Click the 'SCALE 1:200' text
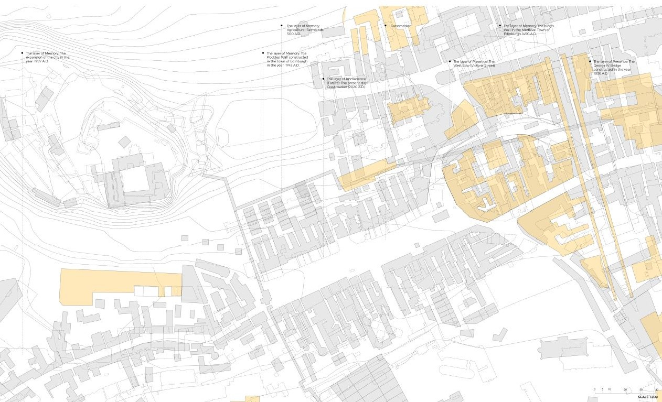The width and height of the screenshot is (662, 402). (x=648, y=397)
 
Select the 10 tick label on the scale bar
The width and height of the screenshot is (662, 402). (x=610, y=389)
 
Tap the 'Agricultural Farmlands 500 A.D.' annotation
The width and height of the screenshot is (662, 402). (x=305, y=30)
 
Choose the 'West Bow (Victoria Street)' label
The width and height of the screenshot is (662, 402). (x=474, y=63)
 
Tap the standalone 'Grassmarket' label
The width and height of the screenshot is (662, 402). (x=401, y=26)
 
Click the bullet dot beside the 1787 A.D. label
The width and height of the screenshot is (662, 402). (x=22, y=53)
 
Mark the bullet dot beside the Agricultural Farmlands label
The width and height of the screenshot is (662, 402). (x=282, y=26)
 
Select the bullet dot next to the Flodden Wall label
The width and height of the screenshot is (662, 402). (x=263, y=53)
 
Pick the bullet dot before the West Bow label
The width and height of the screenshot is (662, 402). (x=450, y=61)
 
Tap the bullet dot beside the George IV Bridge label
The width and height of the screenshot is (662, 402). (x=590, y=61)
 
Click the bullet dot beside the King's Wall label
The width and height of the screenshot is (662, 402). (x=499, y=26)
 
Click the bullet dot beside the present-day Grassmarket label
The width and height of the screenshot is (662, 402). (x=323, y=79)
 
